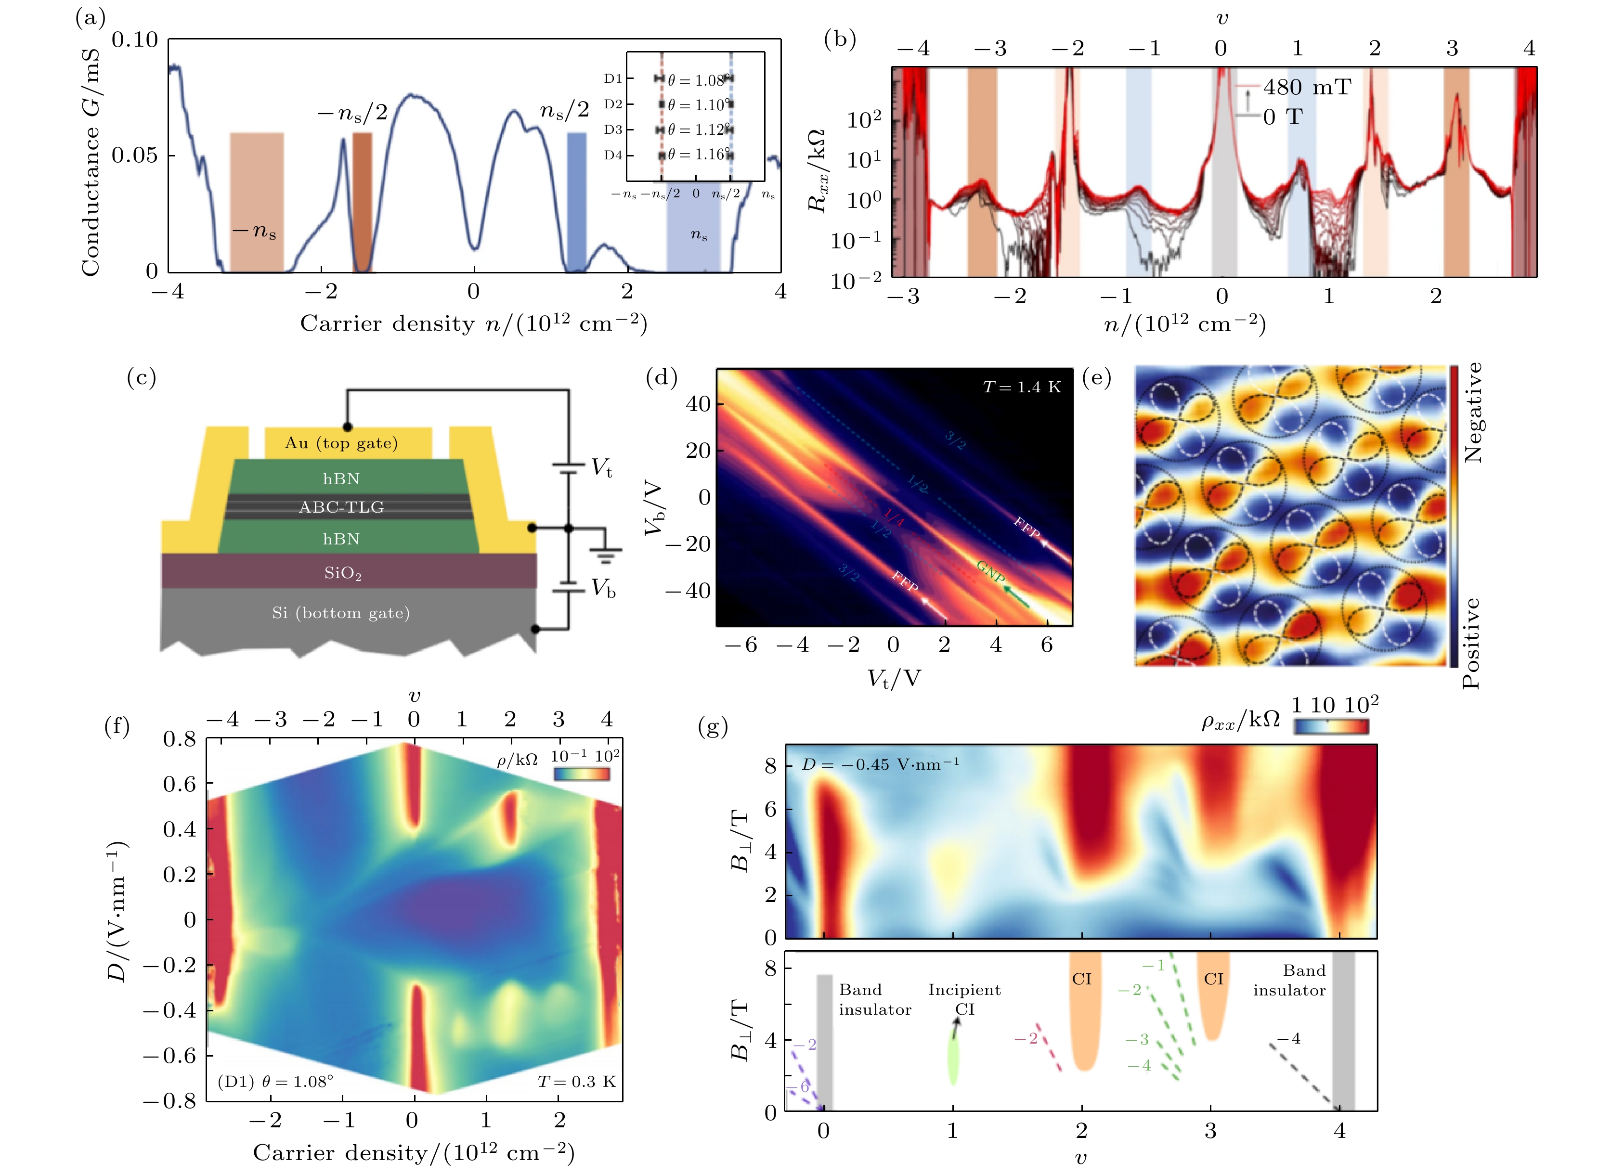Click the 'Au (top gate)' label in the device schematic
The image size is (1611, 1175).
(341, 443)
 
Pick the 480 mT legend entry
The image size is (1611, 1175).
(1306, 88)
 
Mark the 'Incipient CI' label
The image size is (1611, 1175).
(964, 999)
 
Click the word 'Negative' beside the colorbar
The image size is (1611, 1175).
(1473, 413)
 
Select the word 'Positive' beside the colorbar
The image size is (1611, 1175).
(1471, 643)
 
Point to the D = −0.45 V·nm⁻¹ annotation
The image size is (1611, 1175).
(881, 764)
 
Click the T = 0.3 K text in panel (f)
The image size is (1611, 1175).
(576, 1082)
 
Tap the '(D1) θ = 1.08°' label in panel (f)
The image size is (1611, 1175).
(275, 1082)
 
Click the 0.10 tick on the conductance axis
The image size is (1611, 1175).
(135, 40)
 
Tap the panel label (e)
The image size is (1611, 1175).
(1096, 378)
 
